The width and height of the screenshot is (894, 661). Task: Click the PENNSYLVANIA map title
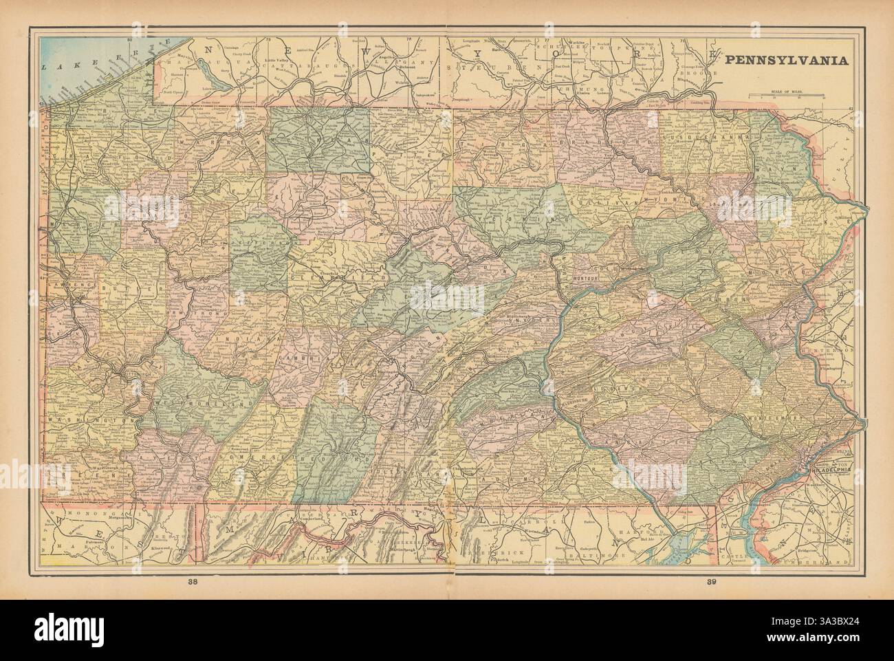click(x=783, y=60)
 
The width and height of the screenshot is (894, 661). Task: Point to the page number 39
click(x=712, y=583)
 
